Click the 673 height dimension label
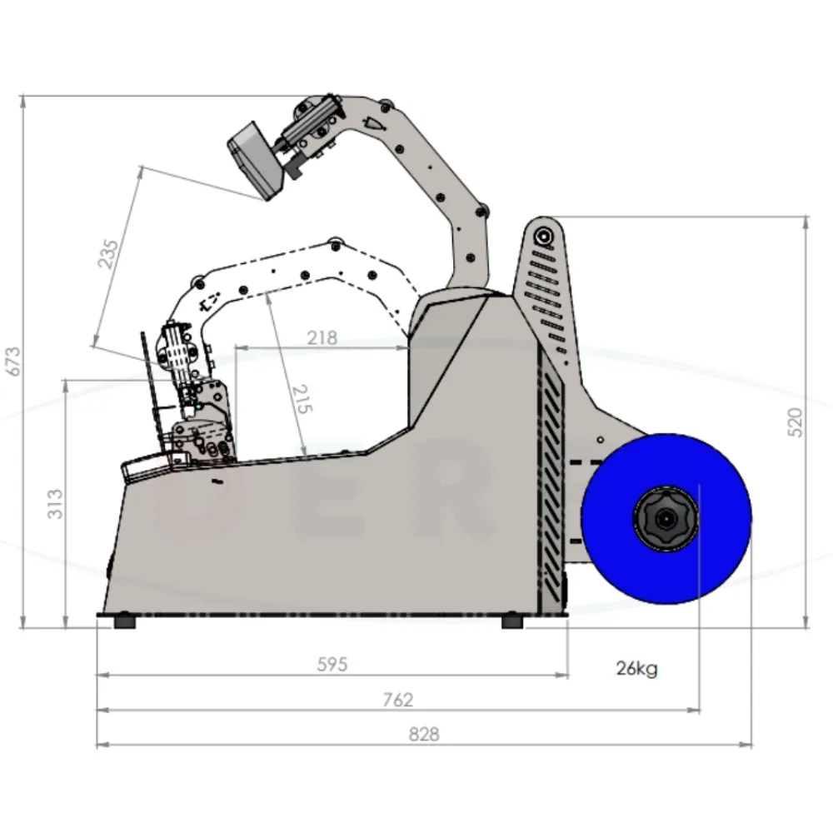14,362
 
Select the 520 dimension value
795,423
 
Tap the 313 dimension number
55,504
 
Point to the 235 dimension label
108,254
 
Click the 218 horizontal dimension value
322,338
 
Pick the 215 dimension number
302,399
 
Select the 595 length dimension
332,664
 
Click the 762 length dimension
398,700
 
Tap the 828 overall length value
424,734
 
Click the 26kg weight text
636,668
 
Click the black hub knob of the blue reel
665,518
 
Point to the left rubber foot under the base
125,621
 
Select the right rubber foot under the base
512,621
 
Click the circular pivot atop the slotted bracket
544,236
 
